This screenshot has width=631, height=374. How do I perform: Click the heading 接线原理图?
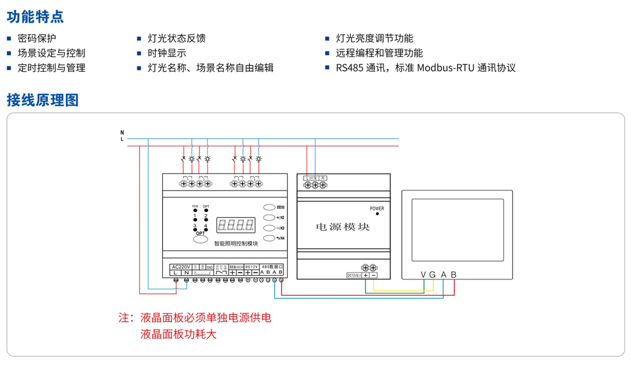point(42,100)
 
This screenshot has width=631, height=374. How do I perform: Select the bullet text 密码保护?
point(37,38)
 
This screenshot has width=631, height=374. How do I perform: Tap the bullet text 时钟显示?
point(167,53)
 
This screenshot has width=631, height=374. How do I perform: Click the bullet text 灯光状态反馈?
point(176,38)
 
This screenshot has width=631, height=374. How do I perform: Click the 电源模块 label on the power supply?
point(343,227)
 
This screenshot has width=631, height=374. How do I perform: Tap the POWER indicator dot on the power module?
point(377,214)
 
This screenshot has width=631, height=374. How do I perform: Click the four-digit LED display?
point(235,225)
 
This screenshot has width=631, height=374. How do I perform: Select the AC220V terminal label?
point(180,267)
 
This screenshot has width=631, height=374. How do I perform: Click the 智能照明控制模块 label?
point(236,243)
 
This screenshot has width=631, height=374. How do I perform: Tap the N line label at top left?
point(122,132)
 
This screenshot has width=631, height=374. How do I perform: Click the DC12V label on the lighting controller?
point(251,267)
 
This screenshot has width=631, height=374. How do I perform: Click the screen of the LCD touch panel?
point(457,230)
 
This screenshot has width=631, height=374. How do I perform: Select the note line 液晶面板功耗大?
point(178,334)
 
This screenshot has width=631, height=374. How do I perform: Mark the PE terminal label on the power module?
point(323,178)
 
